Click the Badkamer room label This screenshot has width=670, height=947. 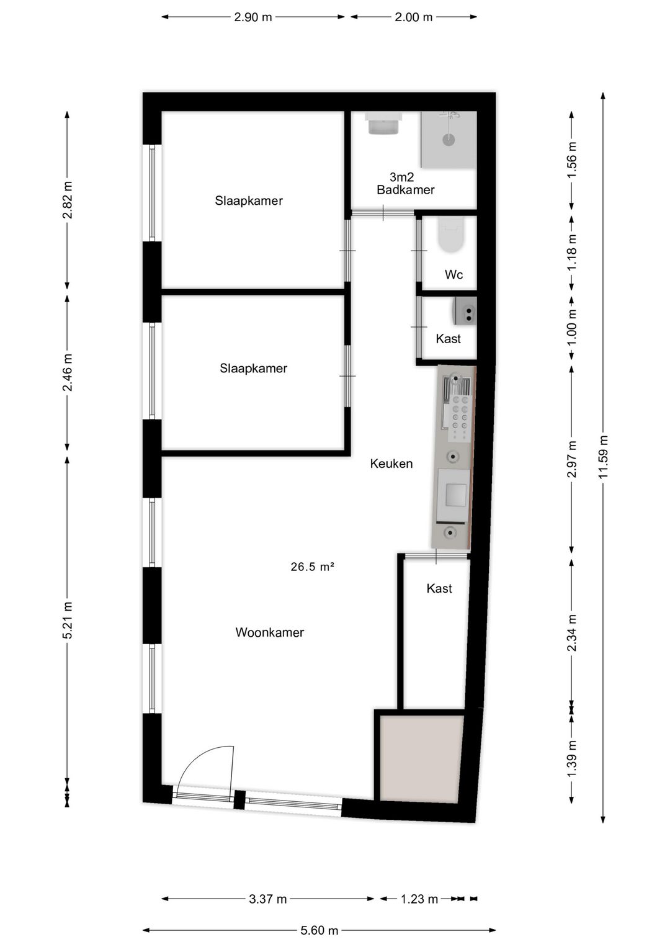click(x=406, y=190)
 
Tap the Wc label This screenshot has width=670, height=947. click(x=453, y=274)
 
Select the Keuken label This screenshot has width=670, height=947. click(x=391, y=464)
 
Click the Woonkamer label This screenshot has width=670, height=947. click(x=269, y=632)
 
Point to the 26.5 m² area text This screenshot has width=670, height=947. click(x=313, y=567)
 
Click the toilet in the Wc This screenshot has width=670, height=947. click(x=451, y=235)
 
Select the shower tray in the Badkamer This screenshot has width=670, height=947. click(x=449, y=140)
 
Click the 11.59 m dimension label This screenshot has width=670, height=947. click(x=603, y=457)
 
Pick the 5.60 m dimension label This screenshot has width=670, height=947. click(x=319, y=930)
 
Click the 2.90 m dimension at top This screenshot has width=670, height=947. click(x=252, y=17)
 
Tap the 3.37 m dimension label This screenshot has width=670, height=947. click(x=267, y=899)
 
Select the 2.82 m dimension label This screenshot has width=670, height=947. click(x=67, y=200)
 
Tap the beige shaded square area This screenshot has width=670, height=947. click(x=421, y=758)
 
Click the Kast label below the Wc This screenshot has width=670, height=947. click(x=448, y=339)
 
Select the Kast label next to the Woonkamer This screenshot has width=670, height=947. click(x=439, y=588)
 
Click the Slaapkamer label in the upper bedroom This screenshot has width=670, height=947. click(x=249, y=201)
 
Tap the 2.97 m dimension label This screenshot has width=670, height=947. click(x=571, y=459)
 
